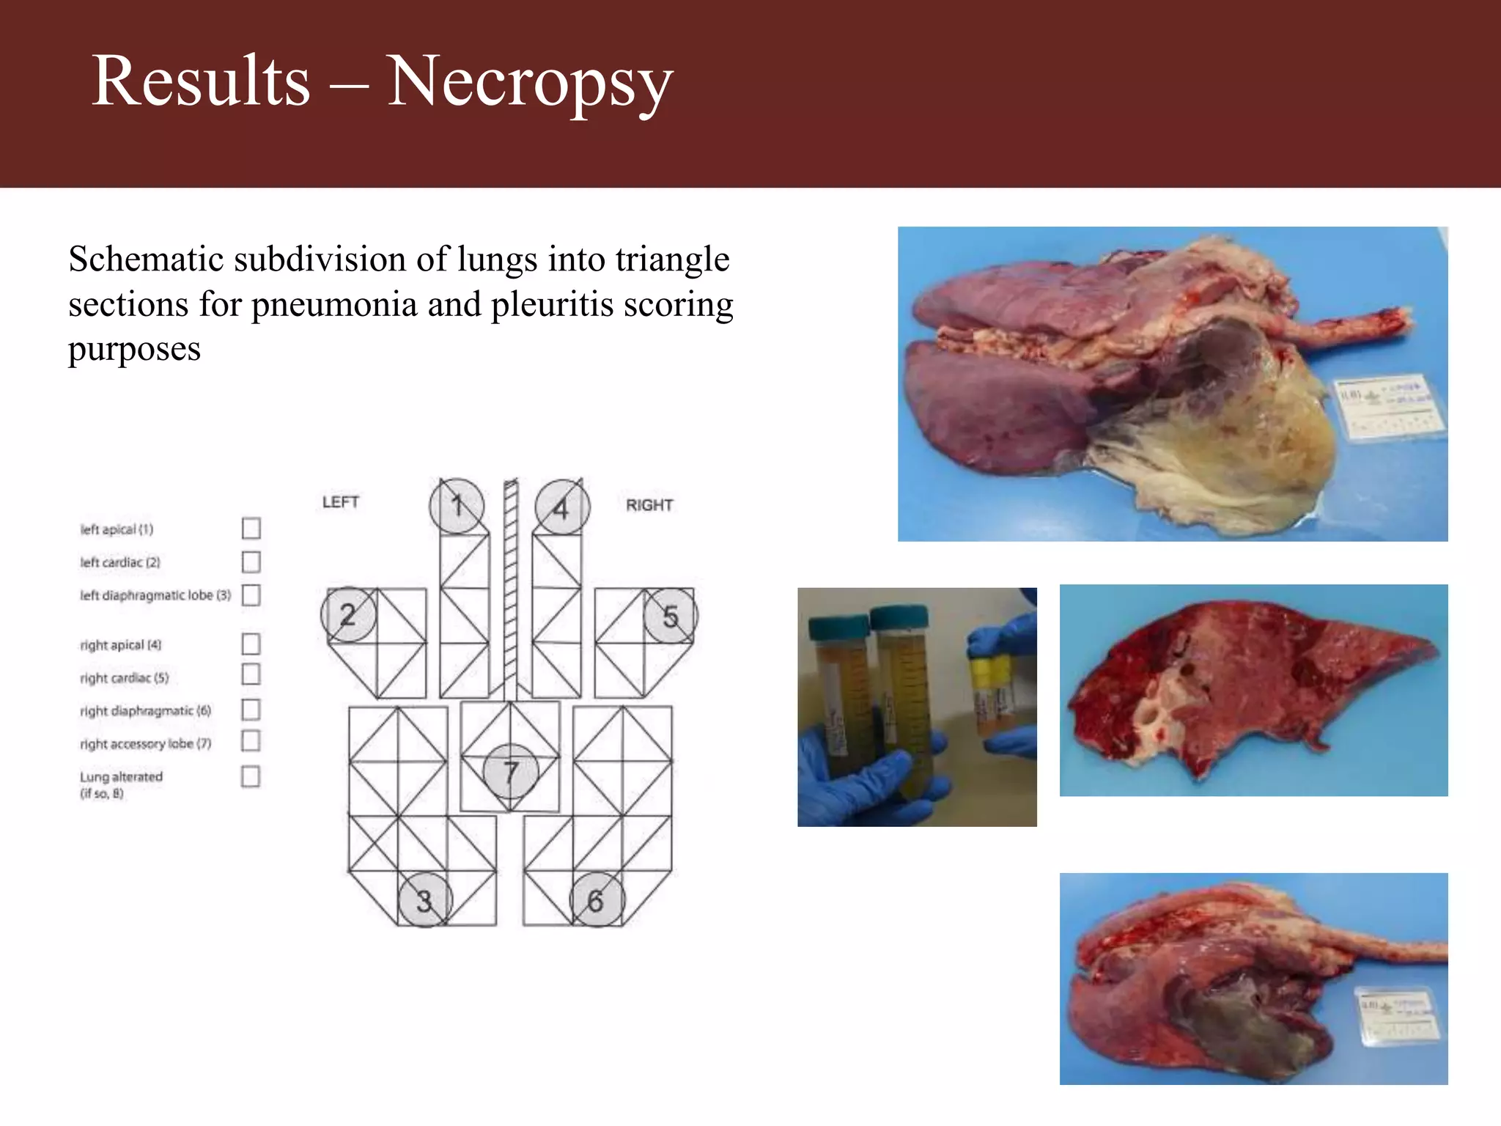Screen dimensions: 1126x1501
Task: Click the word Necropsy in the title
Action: point(529,82)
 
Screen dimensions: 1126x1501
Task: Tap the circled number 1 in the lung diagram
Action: point(457,506)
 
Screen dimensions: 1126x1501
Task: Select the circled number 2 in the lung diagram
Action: point(348,615)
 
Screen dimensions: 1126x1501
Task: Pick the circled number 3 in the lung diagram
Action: point(424,900)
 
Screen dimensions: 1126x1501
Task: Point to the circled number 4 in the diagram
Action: point(561,507)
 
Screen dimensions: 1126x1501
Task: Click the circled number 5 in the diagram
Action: point(670,617)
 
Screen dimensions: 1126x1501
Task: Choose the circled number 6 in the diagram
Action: point(597,900)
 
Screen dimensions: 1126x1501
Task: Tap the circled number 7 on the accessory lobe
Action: point(511,771)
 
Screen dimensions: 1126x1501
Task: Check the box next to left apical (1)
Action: point(251,528)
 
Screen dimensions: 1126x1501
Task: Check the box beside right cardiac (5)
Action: point(251,674)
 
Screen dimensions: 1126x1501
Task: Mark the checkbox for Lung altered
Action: point(251,776)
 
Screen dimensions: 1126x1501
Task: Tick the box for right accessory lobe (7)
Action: point(251,741)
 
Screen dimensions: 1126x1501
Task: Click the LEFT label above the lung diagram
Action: point(341,502)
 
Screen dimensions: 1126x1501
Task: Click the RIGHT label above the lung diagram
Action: point(649,505)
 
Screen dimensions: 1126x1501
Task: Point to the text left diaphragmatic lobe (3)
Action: point(155,595)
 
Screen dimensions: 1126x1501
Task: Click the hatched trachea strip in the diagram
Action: point(511,586)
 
